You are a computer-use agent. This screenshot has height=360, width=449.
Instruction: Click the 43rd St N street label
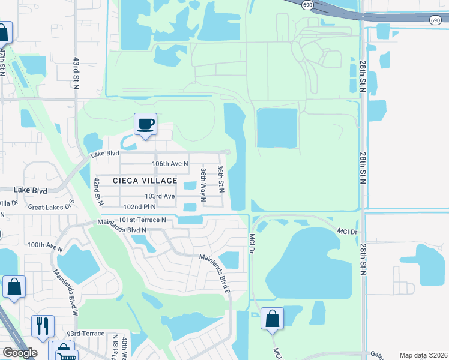point(76,73)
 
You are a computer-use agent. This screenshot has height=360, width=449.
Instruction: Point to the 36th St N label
point(221,179)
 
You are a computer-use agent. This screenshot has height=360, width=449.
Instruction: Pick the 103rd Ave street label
point(160,196)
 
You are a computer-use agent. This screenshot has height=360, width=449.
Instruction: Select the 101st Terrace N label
point(142,220)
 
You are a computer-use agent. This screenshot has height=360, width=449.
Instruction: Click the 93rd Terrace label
point(85,334)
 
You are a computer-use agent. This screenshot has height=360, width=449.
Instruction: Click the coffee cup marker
point(145,125)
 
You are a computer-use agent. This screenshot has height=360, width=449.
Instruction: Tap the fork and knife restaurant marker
point(42,326)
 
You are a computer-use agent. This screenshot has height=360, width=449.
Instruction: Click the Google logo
point(20,353)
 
